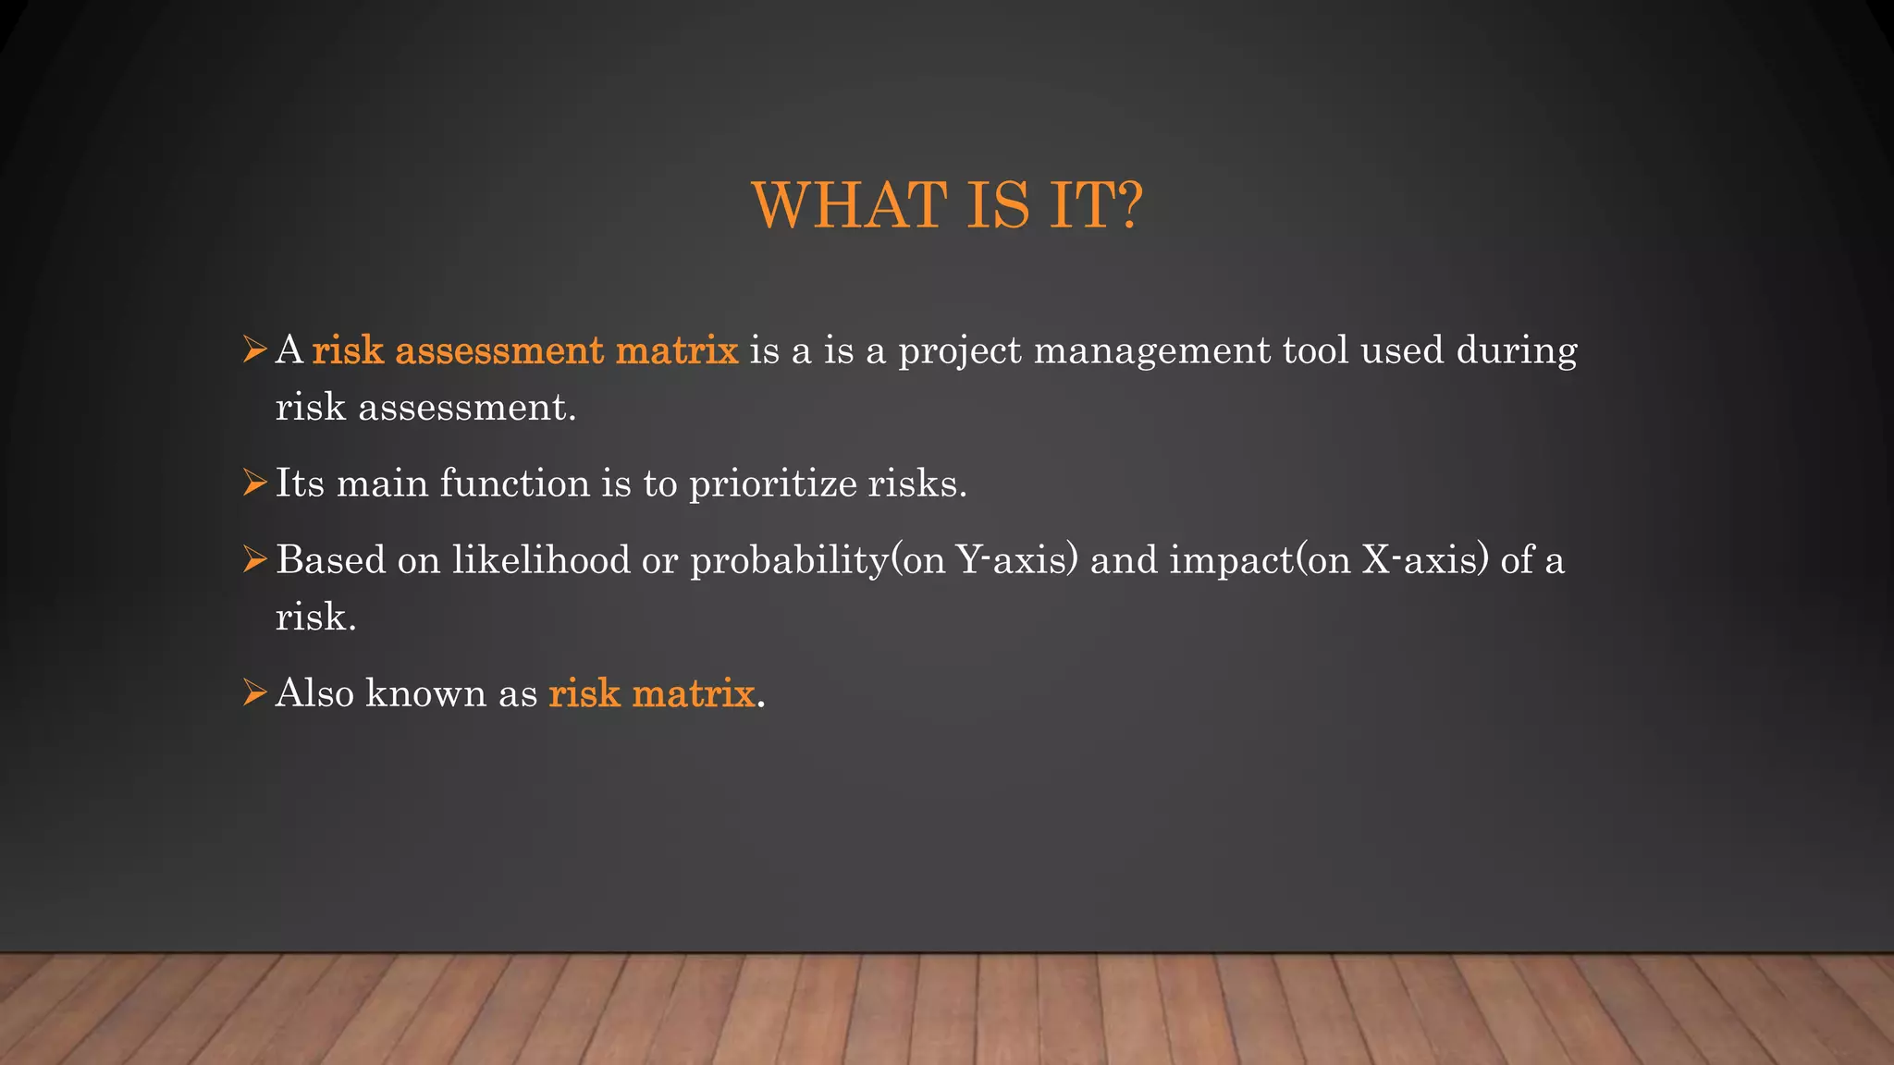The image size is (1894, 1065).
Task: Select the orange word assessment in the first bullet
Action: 499,351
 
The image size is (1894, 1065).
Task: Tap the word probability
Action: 789,560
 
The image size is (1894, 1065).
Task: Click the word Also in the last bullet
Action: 314,693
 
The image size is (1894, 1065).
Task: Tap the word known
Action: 425,693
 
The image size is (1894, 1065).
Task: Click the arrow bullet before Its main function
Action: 254,483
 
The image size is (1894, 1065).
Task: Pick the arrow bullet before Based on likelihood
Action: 254,559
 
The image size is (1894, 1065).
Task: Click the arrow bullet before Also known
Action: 254,692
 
